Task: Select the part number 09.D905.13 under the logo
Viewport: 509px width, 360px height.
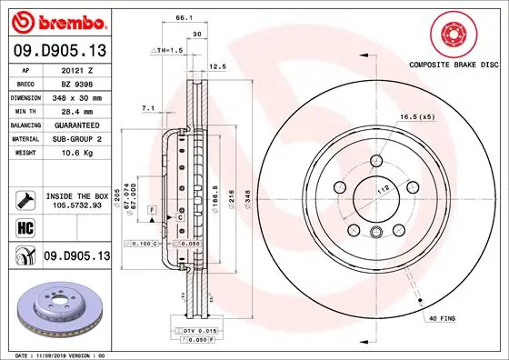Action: tap(59, 51)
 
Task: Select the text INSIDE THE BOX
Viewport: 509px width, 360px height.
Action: tap(75, 195)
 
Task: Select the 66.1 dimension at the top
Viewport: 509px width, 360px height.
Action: tap(183, 17)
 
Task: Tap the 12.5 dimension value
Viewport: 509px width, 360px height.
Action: tap(218, 67)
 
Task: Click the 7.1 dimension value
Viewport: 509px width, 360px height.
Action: tap(147, 108)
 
